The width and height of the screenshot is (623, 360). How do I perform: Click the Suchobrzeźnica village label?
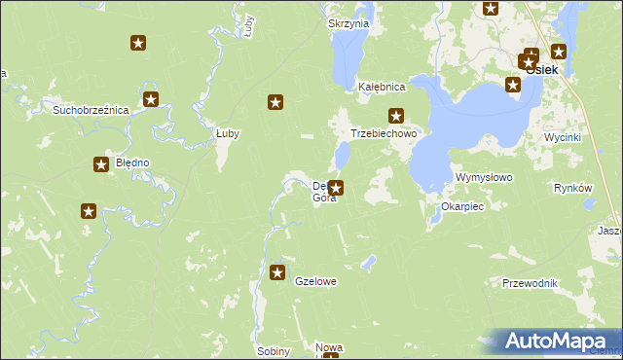92,110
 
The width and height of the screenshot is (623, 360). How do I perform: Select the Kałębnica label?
382,87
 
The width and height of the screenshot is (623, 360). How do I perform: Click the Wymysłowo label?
484,178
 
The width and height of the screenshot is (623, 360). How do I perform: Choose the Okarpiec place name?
462,207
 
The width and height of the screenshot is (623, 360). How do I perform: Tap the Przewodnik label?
530,282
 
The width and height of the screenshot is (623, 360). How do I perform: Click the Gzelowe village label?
315,281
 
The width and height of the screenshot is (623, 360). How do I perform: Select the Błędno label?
132,162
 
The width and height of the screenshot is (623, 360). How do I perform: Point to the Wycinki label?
563,137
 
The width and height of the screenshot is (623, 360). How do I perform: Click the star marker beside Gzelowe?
278,273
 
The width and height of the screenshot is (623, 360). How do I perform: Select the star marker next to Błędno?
100,165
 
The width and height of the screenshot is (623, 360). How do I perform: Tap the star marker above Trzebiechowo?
395,115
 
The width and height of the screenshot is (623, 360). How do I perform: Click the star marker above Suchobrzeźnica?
150,98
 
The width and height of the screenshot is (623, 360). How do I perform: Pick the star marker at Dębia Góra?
337,188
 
